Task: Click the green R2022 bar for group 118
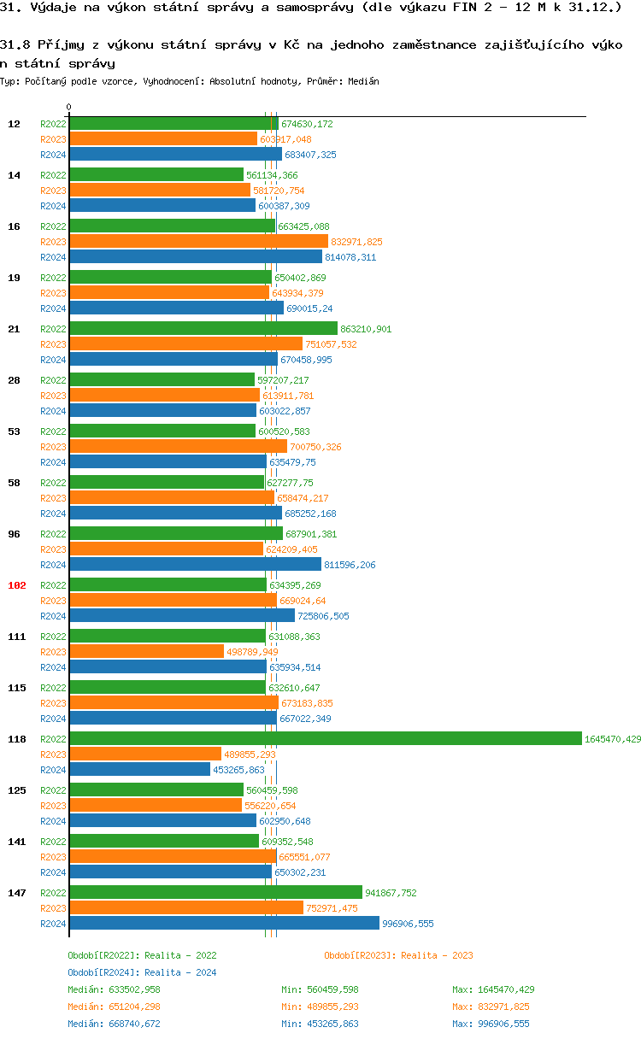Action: point(325,739)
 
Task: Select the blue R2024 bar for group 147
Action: point(224,924)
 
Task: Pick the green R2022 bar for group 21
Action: point(203,329)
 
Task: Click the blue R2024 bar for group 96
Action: point(195,565)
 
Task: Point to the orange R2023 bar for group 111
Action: point(146,652)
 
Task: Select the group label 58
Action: point(15,483)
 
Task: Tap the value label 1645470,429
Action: point(612,739)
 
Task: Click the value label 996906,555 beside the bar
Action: point(408,924)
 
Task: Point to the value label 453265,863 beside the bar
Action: point(238,770)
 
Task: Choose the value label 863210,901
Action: point(366,329)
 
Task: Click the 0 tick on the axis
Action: point(69,108)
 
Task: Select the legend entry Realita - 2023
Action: point(398,955)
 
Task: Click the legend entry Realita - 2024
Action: point(142,972)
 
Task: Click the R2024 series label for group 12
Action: point(53,155)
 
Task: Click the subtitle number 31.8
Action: point(15,44)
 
